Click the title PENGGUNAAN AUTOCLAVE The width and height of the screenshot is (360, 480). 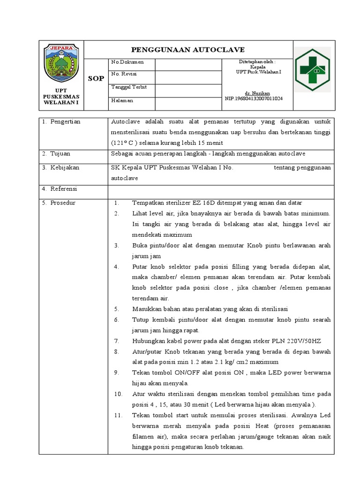pos(187,50)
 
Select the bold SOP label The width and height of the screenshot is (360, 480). pos(96,78)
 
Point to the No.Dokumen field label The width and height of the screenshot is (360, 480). pos(127,62)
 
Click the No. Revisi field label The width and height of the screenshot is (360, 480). pos(124,74)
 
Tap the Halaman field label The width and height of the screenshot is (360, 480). pos(122,100)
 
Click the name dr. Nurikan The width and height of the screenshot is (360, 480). pos(256,93)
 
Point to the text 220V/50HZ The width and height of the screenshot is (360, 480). pos(305,341)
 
